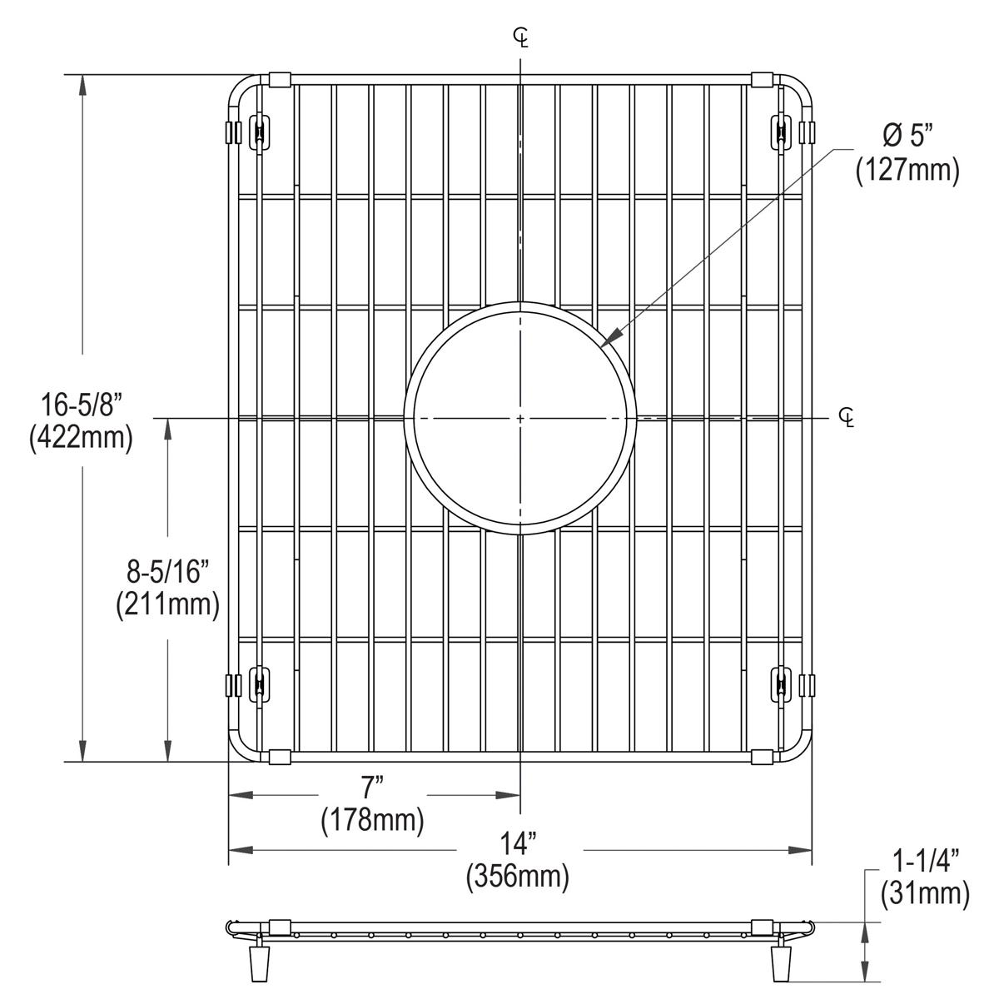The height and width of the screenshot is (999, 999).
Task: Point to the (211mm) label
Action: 168,604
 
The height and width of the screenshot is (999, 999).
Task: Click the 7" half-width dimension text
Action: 372,789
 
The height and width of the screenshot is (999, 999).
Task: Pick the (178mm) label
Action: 372,821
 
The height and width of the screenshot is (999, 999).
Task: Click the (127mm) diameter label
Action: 907,170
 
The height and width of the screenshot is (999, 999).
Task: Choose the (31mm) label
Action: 926,894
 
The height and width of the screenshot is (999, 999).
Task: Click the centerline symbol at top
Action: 521,36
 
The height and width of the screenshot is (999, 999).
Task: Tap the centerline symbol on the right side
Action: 847,417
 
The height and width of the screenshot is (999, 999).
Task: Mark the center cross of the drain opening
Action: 520,417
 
